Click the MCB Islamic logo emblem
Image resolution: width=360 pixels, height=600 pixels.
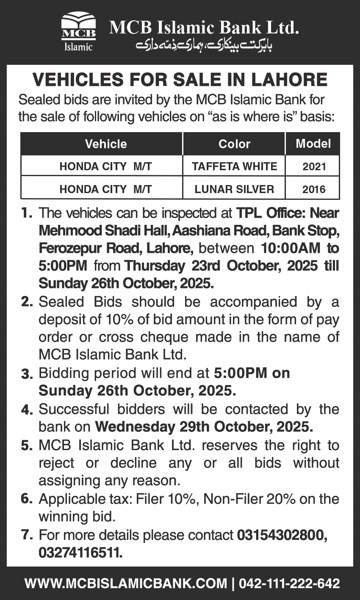pos(78,32)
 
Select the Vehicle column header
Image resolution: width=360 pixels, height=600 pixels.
pos(106,144)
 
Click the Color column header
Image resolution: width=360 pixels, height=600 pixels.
pos(234,144)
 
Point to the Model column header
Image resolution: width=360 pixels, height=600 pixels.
pos(313,144)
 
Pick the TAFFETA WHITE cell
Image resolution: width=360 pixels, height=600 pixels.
pos(234,166)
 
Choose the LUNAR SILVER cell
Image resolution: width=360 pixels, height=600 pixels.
pos(234,189)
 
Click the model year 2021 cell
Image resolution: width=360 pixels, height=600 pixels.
pos(314,166)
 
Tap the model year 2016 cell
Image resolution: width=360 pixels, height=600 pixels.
pos(314,189)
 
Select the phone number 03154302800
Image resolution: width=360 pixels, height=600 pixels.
pos(282,535)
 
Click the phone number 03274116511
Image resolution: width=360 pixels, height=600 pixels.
pos(80,553)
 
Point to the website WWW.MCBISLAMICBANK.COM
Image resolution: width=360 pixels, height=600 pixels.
pos(126,583)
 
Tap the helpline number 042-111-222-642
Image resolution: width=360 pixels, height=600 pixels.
pos(290,583)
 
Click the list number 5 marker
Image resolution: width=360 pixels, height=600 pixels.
pos(27,445)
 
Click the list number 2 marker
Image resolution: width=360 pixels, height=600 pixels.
pos(27,302)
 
